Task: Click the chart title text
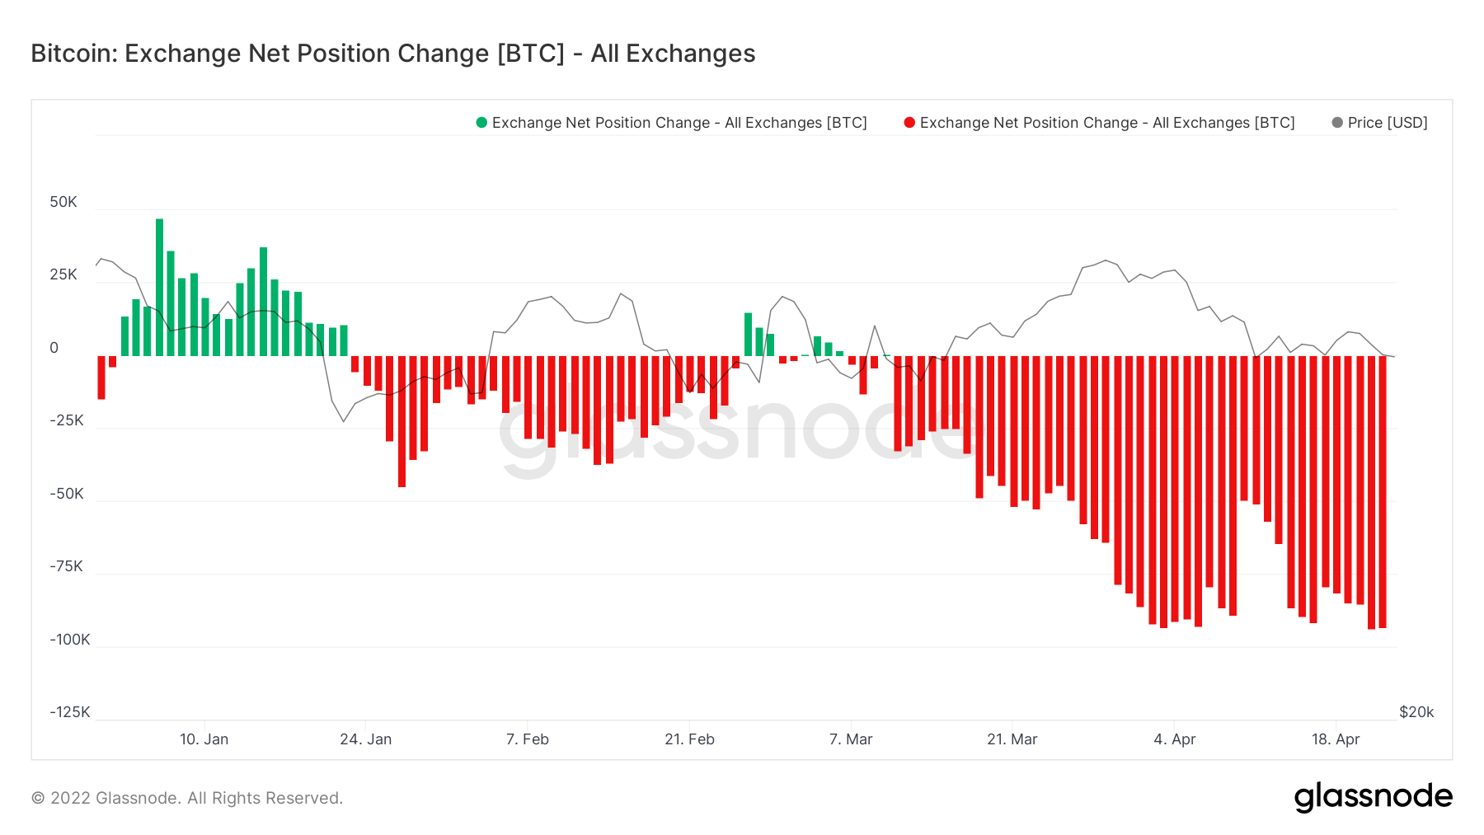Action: coord(392,54)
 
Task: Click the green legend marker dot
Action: coord(481,123)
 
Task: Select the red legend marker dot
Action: coord(909,123)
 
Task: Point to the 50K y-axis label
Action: coord(63,202)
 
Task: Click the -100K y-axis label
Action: coord(70,640)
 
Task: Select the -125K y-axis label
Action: coord(70,712)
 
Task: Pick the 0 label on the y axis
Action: coord(54,348)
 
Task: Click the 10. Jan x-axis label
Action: coord(204,739)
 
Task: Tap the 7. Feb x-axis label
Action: coord(528,739)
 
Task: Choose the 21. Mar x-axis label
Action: coord(1012,739)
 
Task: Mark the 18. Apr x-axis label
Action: coord(1336,739)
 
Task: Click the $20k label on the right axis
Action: coord(1416,712)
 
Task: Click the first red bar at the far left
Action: coord(101,378)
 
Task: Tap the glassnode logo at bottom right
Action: coord(1373,797)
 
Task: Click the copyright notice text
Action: coord(187,798)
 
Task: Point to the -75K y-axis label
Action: coord(67,566)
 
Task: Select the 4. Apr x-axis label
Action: coord(1174,739)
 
